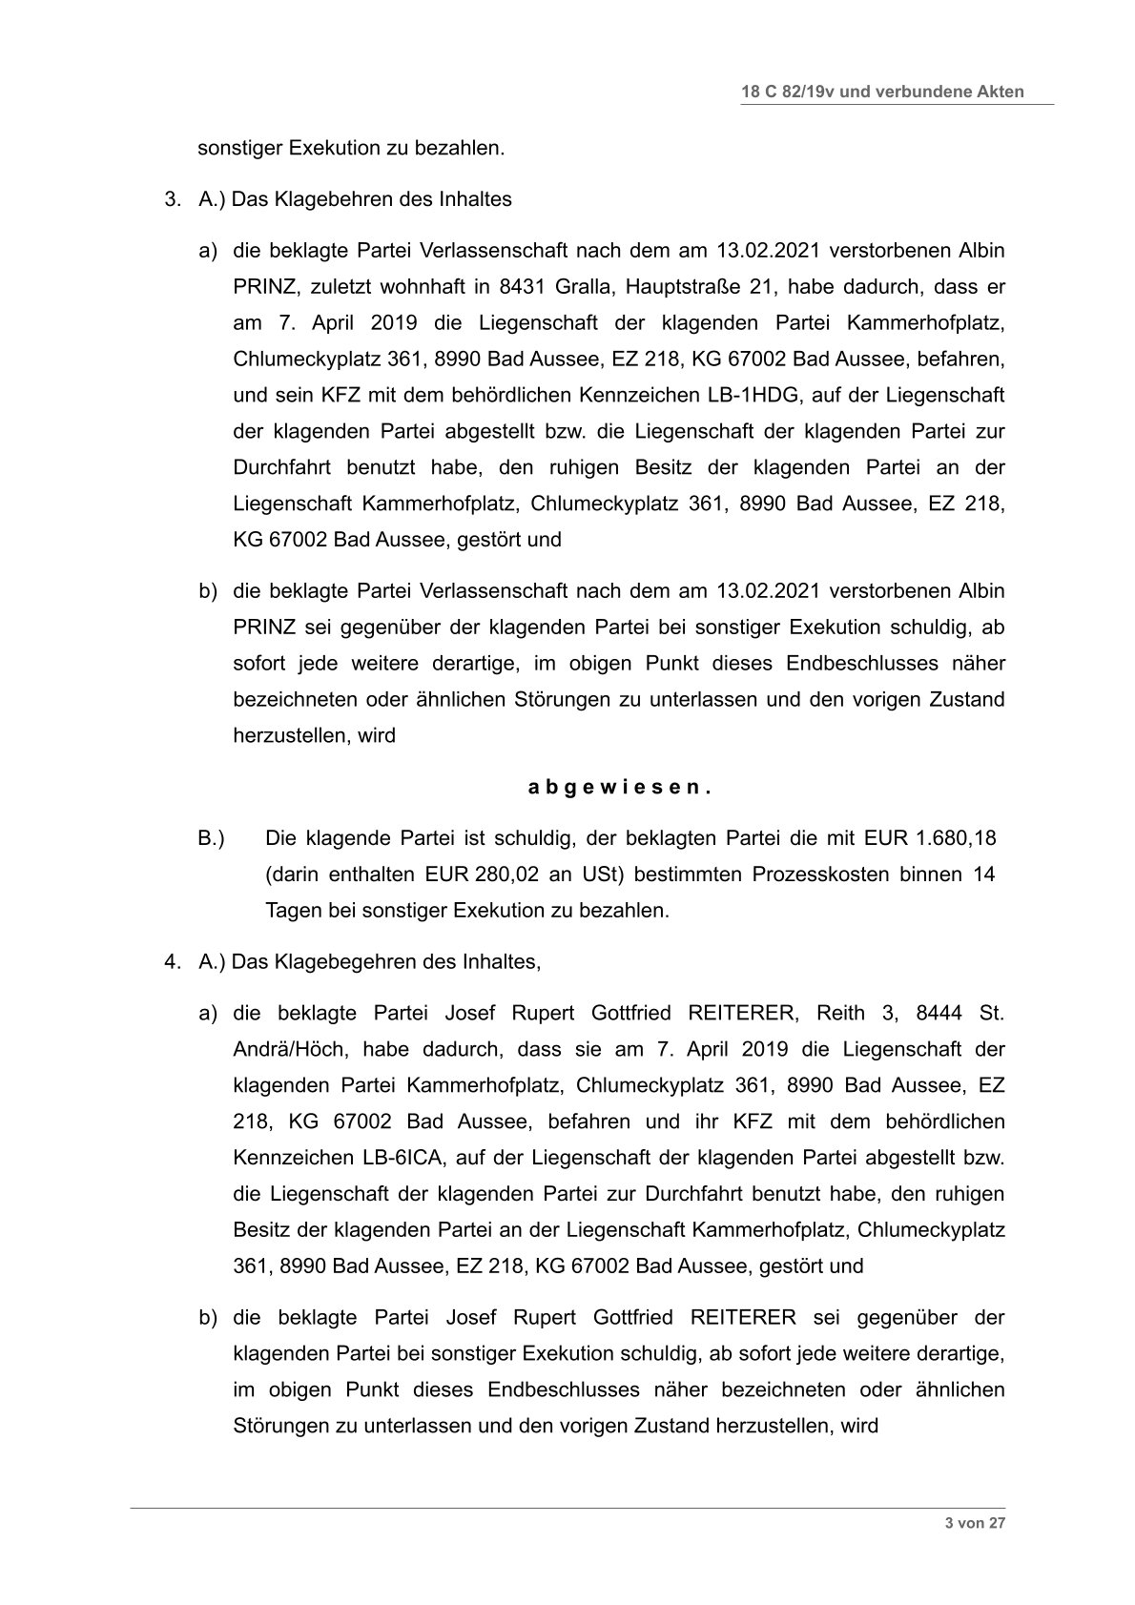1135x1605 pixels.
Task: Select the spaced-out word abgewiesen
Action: [620, 788]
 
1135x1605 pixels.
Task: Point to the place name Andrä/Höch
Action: [283, 1049]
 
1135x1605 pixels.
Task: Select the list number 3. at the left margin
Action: [172, 199]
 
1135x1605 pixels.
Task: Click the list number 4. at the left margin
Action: [172, 961]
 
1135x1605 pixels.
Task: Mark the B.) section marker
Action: [211, 839]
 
